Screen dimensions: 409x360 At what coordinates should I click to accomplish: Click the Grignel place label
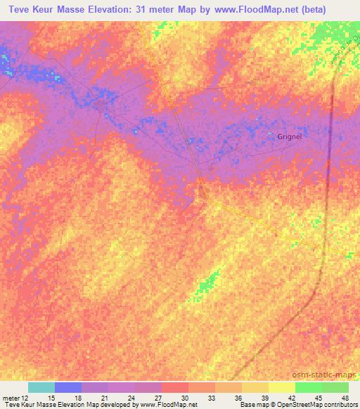(289, 136)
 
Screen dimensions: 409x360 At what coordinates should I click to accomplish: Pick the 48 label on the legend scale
(344, 398)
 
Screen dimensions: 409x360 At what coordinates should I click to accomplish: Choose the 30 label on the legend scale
(184, 398)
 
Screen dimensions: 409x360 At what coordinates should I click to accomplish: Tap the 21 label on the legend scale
(103, 398)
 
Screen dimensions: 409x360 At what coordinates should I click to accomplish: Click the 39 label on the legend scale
(264, 398)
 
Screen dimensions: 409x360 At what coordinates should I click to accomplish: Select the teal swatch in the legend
(41, 387)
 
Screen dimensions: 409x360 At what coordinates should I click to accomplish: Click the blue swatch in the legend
(68, 387)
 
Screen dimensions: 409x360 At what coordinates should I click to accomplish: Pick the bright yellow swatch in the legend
(282, 387)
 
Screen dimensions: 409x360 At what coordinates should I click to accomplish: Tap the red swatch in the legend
(175, 387)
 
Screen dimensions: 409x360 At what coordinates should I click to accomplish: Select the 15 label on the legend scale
(50, 398)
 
